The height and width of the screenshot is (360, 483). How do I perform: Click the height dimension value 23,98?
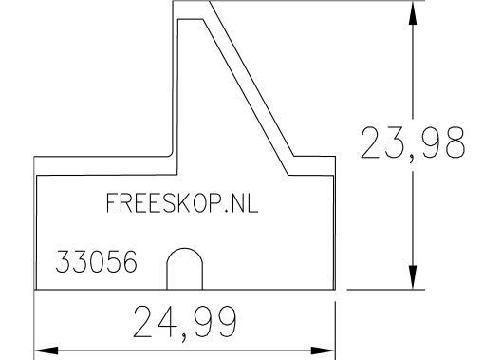click(x=413, y=144)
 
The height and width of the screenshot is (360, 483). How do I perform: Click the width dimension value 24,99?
click(x=185, y=323)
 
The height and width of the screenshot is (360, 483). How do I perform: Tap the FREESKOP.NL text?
click(x=182, y=202)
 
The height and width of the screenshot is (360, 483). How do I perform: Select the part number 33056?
click(x=96, y=261)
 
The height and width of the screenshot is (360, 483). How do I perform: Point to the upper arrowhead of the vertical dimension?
click(x=413, y=14)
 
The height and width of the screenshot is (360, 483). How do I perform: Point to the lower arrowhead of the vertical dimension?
click(x=413, y=277)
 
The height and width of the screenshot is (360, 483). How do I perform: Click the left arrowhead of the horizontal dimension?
click(x=46, y=351)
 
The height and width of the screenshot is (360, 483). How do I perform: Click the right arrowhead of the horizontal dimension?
click(x=323, y=351)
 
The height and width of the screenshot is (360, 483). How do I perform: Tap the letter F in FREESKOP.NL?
click(x=112, y=202)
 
